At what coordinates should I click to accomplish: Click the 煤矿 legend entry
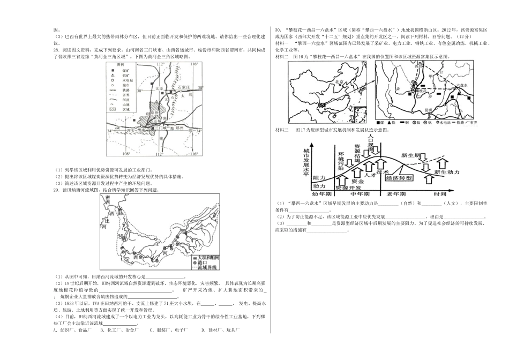coord(126,70)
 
